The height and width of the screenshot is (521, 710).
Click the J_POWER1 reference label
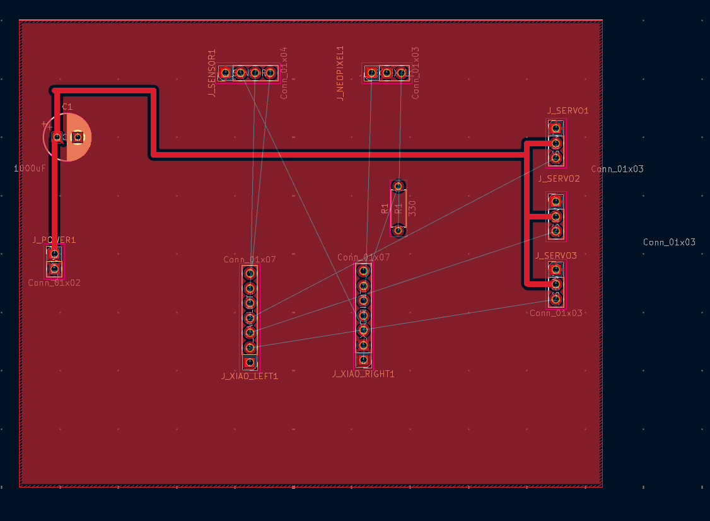coord(54,240)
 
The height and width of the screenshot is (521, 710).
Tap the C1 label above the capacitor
coord(67,107)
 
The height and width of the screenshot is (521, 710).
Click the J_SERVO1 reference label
coord(567,111)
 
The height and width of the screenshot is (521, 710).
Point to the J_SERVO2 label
coord(559,179)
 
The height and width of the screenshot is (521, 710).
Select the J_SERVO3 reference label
coord(556,256)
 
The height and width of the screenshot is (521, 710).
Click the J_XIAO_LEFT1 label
coord(250,377)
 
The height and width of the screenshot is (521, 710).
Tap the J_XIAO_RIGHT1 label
coord(363,374)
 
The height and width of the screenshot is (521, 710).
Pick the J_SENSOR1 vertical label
coord(212,73)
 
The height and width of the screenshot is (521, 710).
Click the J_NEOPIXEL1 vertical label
coord(340,73)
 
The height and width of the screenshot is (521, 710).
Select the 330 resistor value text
coord(413,208)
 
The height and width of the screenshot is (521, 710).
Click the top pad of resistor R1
coord(398,185)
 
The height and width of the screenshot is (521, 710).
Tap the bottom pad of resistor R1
coord(398,230)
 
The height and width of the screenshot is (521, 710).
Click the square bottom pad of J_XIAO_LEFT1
coord(250,362)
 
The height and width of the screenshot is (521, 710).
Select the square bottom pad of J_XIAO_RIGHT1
coord(363,360)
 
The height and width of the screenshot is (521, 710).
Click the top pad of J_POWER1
coord(54,254)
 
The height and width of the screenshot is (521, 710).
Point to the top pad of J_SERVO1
coord(556,129)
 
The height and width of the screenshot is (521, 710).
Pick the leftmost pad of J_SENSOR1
coord(226,73)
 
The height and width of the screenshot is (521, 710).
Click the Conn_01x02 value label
coord(54,283)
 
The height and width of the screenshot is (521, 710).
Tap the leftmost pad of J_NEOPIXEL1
coord(371,73)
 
